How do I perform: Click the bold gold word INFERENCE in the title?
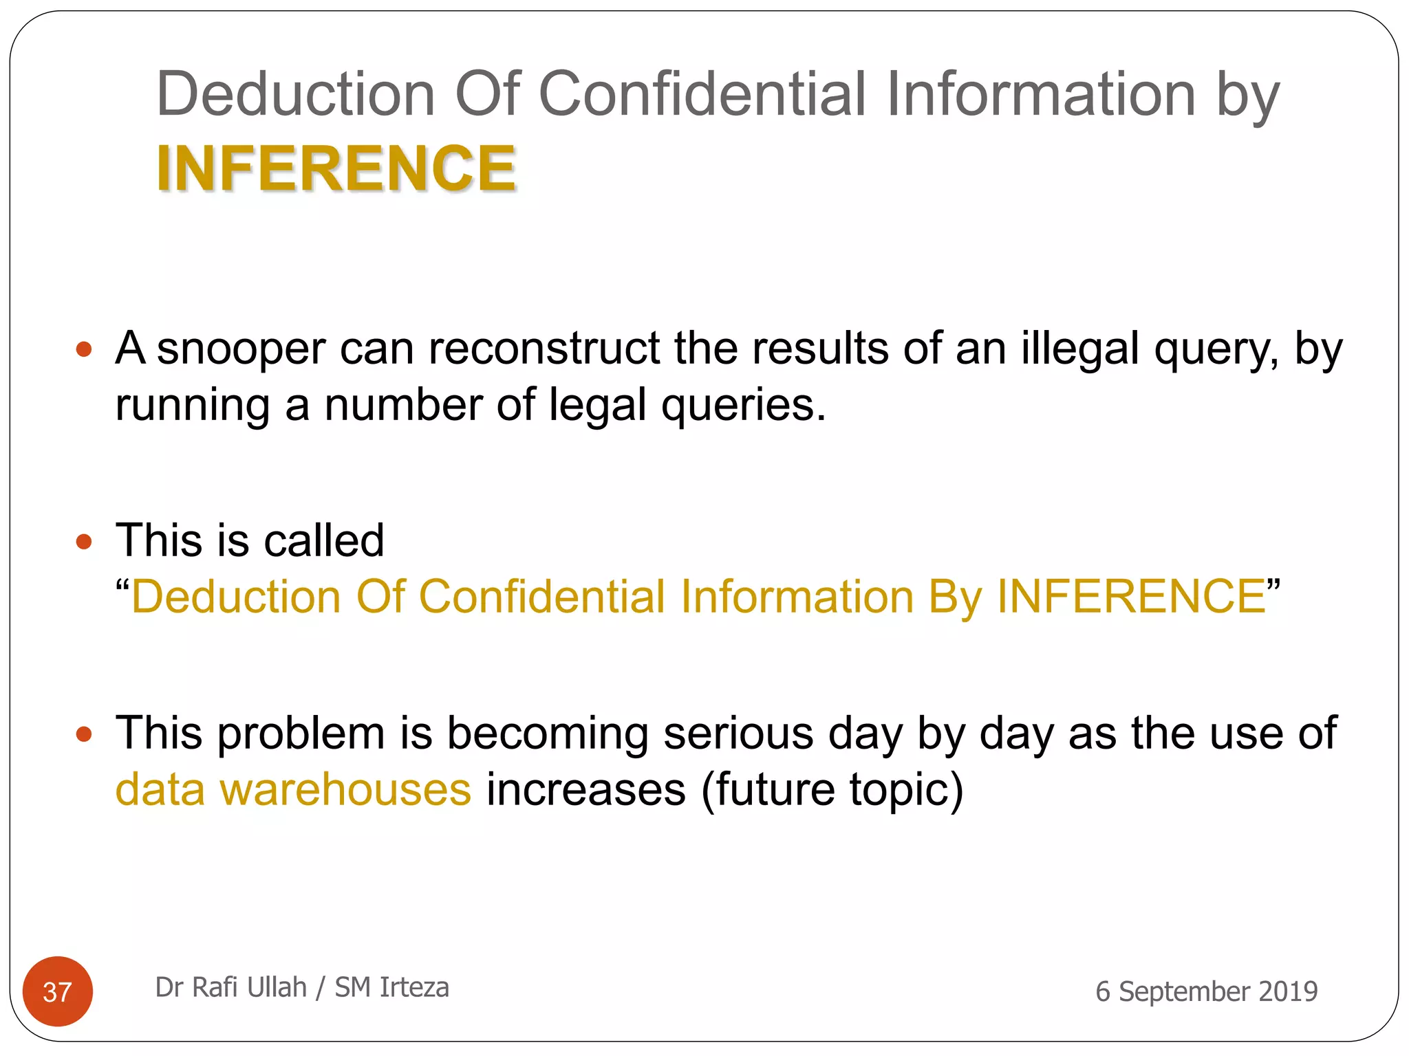point(336,168)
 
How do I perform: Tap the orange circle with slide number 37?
point(58,991)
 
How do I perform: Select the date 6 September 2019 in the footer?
point(1206,991)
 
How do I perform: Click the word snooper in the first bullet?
point(241,349)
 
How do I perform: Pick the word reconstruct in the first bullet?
point(544,349)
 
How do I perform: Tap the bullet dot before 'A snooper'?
point(84,349)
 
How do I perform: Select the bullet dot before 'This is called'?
point(84,542)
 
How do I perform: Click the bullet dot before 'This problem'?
point(84,734)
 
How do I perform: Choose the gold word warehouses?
point(345,789)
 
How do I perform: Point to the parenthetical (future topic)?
point(832,791)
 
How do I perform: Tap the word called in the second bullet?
point(324,541)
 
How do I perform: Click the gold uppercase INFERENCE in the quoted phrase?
point(1131,597)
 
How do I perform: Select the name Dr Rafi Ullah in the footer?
point(230,987)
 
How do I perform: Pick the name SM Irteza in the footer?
point(392,987)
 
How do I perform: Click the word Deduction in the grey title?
point(296,94)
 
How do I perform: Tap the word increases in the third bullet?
point(586,789)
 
